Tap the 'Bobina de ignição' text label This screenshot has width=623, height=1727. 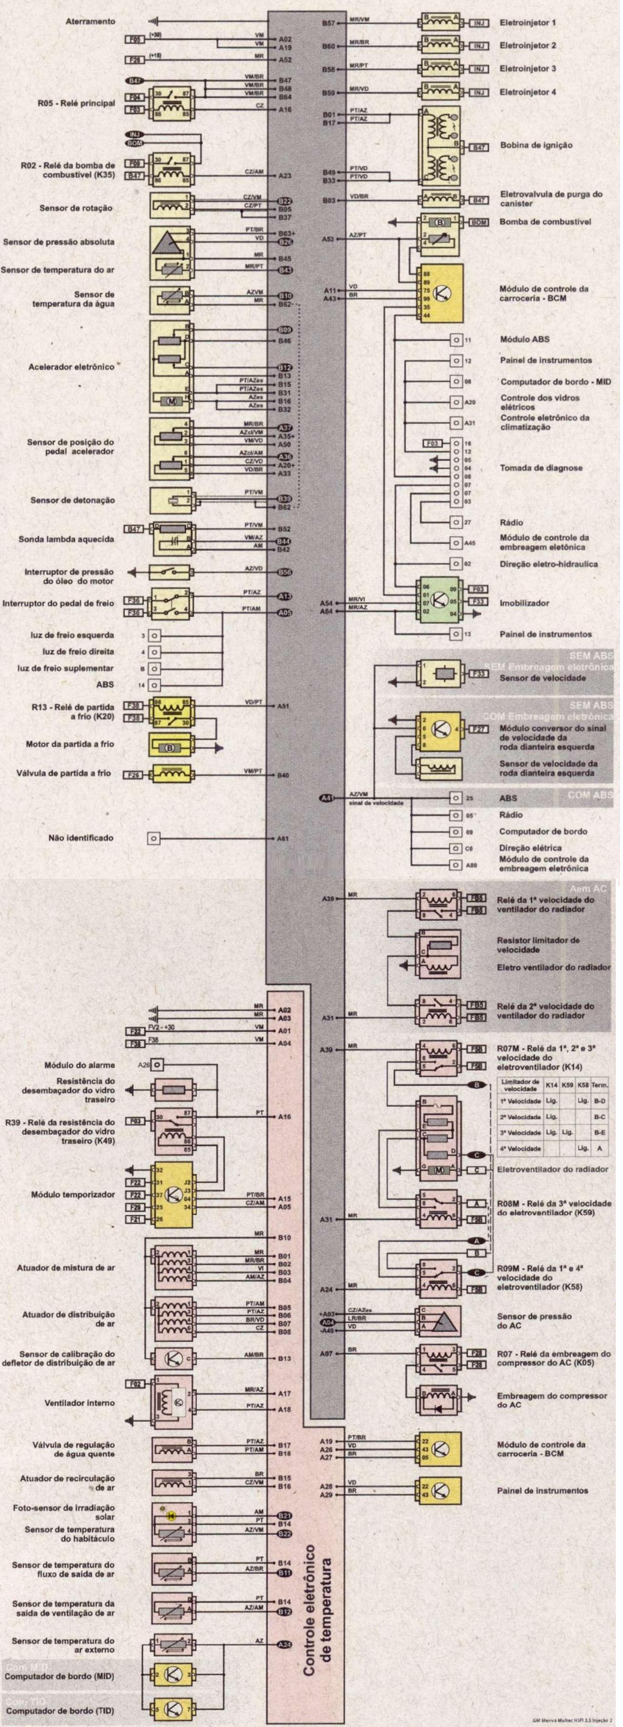tap(536, 145)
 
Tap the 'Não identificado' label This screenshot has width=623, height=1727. tap(81, 837)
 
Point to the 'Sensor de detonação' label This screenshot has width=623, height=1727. tap(72, 500)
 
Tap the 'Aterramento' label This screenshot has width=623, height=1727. tap(90, 21)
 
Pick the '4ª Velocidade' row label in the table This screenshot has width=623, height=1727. tap(521, 1149)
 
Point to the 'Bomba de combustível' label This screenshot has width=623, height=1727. tap(545, 222)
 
